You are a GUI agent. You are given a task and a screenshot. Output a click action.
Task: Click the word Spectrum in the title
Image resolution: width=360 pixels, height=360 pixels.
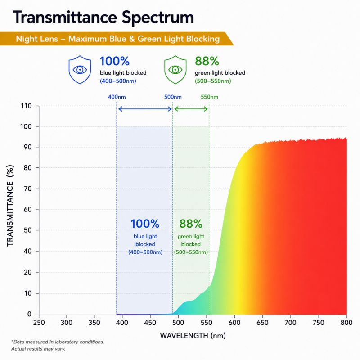158,18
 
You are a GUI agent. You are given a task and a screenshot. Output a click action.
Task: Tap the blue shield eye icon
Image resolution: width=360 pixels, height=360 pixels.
80,70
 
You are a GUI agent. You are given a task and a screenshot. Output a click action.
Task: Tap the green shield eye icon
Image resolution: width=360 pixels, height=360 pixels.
175,70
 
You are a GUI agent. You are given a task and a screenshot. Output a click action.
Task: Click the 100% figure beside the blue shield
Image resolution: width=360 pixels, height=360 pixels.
115,61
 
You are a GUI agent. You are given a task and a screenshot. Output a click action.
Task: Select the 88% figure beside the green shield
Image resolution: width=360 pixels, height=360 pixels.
207,61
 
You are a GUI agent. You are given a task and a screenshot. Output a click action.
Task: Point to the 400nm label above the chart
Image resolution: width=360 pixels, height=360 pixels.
117,97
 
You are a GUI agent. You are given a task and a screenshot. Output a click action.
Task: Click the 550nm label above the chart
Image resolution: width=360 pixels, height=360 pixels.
209,97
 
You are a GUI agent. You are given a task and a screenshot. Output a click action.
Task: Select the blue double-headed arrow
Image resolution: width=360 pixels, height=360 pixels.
145,109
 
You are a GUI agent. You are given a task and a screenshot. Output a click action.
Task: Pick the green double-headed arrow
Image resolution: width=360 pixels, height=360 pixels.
191,109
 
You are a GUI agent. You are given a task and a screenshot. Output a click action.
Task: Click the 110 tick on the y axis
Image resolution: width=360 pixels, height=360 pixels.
26,106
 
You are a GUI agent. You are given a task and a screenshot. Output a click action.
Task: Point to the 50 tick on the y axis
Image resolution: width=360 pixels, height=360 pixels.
28,230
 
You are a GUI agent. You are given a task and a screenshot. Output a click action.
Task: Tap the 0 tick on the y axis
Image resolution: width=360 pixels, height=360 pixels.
29,314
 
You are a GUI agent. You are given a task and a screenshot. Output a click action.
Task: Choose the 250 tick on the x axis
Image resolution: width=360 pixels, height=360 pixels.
39,323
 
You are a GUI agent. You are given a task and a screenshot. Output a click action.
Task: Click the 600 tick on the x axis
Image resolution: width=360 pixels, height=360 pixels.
234,323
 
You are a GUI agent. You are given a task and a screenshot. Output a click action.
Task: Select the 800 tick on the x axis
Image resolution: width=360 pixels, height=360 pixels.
346,323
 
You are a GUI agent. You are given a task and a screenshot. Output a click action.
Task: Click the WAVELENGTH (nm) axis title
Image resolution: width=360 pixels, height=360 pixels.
193,336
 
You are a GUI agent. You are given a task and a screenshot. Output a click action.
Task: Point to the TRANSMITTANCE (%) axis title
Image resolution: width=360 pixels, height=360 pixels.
10,206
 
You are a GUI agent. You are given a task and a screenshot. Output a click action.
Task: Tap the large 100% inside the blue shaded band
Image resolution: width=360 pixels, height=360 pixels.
145,224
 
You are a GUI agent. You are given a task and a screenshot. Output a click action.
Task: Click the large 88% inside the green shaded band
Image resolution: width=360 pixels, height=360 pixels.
191,224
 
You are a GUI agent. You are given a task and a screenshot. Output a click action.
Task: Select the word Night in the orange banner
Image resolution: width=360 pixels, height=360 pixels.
25,39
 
